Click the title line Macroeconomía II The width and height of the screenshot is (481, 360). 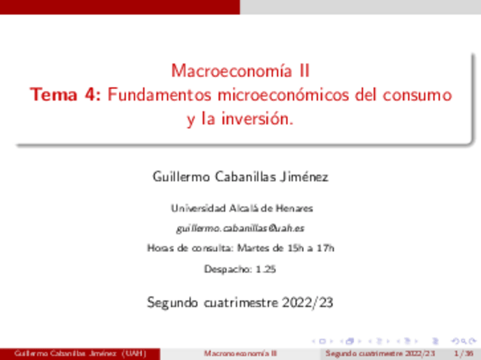point(241,71)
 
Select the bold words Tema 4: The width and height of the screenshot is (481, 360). point(66,95)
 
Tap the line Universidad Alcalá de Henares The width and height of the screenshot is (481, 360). point(241,208)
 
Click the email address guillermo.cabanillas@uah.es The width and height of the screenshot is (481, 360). point(241,228)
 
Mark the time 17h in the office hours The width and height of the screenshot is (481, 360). point(326,248)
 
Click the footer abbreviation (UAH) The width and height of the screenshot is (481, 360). point(136,354)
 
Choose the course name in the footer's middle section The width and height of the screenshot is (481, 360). point(241,354)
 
